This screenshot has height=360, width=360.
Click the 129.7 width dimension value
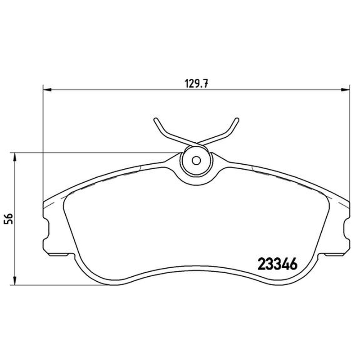(x=196, y=83)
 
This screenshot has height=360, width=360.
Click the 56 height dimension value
(x=9, y=219)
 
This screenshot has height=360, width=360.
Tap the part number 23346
(x=278, y=264)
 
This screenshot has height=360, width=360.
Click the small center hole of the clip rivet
(x=196, y=161)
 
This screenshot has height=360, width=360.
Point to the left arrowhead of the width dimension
(x=47, y=90)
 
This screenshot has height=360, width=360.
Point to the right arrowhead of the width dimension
(x=346, y=90)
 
